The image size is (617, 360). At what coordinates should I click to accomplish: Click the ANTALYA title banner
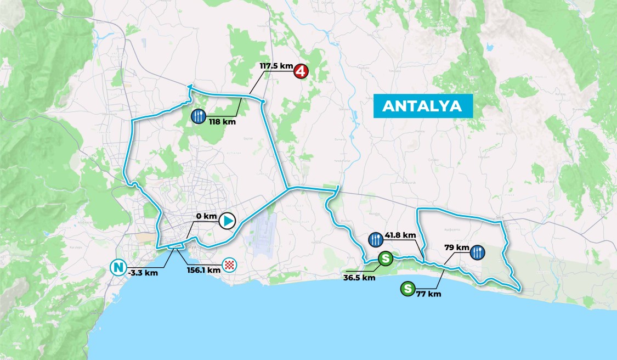point(422,106)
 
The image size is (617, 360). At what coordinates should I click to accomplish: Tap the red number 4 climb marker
point(300,71)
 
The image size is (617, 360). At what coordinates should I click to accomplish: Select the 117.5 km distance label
point(276,66)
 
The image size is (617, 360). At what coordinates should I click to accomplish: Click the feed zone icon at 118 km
point(199,116)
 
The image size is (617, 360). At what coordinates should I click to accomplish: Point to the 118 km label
point(222,122)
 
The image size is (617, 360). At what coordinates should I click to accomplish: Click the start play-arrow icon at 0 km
point(227,221)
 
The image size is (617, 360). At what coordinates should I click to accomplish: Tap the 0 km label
point(207,216)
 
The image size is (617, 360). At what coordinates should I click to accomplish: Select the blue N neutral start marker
point(117,268)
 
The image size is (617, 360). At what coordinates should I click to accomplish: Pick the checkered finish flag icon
point(230,266)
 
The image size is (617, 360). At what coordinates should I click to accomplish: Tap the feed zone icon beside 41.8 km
point(376,239)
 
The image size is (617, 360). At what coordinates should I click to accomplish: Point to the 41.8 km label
point(401,235)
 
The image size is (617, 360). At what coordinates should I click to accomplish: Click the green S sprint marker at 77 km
point(407,288)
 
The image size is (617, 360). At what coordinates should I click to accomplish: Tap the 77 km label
point(429,294)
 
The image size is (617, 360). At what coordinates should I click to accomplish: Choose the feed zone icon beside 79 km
point(477,252)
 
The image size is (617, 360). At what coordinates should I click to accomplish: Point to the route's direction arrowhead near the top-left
point(189,86)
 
